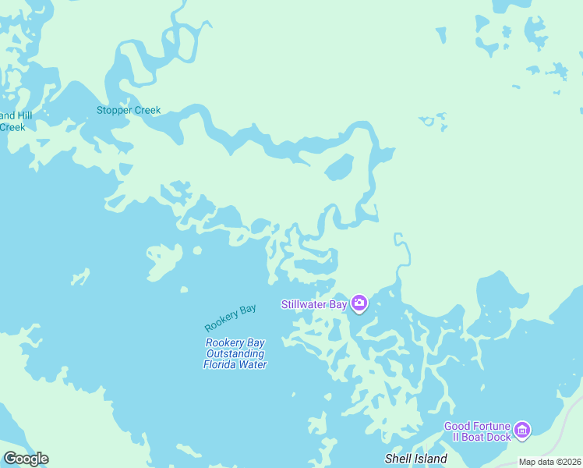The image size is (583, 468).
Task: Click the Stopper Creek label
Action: pos(129,110)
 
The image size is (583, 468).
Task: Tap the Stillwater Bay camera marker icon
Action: pos(359,303)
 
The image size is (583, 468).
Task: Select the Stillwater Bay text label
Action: pos(313,304)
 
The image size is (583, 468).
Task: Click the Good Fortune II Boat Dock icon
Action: pos(523,430)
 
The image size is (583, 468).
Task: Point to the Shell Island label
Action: pos(416,459)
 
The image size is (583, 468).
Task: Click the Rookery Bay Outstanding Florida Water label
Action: pos(235,353)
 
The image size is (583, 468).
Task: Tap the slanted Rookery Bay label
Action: pos(231,317)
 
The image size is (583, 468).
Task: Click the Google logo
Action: pos(26,459)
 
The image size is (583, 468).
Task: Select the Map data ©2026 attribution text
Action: pos(550,462)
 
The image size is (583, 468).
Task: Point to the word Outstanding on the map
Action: pos(235,353)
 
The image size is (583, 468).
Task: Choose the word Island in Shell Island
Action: pos(430,459)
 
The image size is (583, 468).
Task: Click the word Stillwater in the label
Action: pos(304,304)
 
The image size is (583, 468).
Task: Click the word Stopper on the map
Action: pos(112,110)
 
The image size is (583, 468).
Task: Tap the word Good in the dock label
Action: pos(457,426)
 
